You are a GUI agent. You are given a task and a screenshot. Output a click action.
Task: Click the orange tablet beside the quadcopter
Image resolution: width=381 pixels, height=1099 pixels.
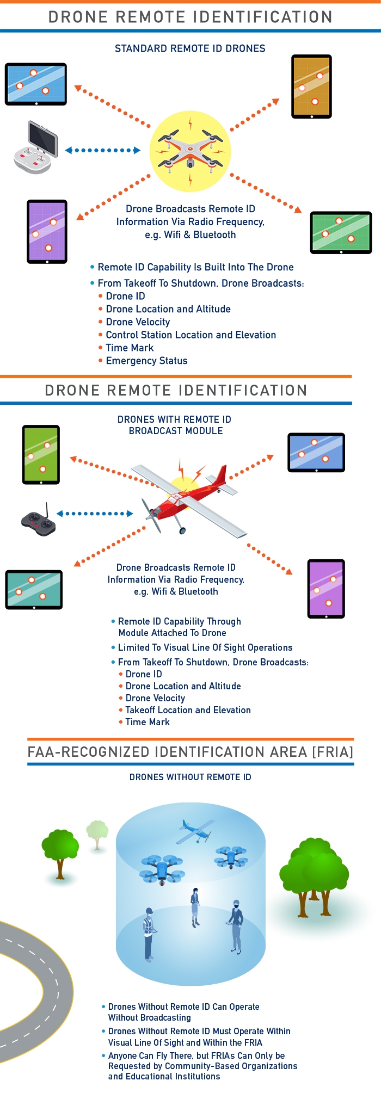[x=311, y=87]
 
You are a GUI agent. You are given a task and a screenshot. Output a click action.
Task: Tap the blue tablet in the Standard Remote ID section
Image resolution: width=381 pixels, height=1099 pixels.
[x=36, y=84]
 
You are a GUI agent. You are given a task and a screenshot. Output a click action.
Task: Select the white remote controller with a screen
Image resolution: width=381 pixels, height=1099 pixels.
[x=35, y=147]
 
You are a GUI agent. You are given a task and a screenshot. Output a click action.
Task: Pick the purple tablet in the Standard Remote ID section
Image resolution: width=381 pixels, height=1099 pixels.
[x=47, y=232]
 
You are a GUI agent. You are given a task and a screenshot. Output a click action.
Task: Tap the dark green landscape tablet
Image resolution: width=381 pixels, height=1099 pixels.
[x=341, y=233]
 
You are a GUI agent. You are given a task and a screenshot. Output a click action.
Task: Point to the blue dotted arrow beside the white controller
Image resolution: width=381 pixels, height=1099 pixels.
[x=102, y=150]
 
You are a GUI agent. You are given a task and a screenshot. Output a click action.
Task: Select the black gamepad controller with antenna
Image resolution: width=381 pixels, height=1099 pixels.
[x=39, y=521]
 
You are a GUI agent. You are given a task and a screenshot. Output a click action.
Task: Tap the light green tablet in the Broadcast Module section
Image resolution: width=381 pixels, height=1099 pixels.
[x=41, y=455]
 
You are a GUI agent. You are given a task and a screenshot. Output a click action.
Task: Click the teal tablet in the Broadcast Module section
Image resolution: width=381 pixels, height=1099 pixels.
[x=34, y=590]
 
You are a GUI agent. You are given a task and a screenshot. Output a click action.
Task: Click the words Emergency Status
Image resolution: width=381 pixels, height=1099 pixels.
[x=146, y=361]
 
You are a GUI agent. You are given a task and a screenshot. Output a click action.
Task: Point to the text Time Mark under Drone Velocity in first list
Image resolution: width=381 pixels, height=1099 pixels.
[x=130, y=348]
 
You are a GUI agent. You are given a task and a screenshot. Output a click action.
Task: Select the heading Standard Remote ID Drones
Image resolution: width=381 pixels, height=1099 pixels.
[x=190, y=48]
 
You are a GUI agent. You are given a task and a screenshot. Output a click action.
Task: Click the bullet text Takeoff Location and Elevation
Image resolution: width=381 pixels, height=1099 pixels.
[x=188, y=710]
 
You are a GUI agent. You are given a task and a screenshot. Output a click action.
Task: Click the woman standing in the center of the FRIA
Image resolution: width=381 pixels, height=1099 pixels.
[x=195, y=907]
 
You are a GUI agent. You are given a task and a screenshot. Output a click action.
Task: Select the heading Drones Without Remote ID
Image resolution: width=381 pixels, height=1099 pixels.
[x=190, y=777]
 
